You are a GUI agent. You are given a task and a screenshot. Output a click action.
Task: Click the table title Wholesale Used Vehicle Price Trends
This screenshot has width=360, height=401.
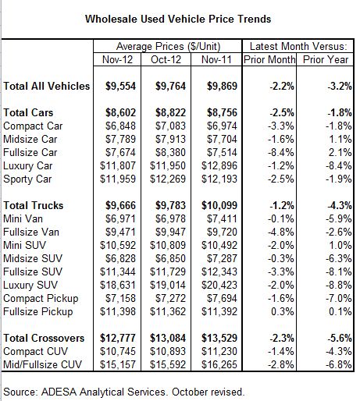click(x=178, y=20)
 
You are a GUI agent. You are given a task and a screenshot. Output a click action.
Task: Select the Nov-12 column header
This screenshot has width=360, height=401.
click(x=117, y=59)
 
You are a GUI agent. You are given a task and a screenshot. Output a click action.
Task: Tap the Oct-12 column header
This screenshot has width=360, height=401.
click(x=166, y=59)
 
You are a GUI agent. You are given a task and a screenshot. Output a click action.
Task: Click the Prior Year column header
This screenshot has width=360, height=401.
click(x=326, y=59)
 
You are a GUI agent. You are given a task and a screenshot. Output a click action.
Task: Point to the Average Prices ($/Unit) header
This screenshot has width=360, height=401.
click(x=168, y=47)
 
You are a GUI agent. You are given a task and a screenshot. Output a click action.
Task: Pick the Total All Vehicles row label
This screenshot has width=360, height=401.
click(x=47, y=86)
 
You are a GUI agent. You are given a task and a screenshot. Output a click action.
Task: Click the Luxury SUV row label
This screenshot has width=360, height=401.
click(x=30, y=286)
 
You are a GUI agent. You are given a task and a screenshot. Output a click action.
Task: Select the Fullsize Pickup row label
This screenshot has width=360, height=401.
click(x=38, y=312)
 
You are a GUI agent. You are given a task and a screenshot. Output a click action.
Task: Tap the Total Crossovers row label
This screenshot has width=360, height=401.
click(x=44, y=338)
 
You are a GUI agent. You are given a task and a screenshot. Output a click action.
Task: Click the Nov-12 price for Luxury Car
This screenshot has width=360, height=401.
click(x=118, y=166)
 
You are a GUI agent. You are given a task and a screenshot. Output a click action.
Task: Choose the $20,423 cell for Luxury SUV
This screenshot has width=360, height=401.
click(x=219, y=286)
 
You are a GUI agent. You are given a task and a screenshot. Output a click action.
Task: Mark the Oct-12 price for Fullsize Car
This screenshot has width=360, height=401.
click(x=170, y=153)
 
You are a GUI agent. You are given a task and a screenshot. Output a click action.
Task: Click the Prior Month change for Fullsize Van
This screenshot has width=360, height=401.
click(x=281, y=232)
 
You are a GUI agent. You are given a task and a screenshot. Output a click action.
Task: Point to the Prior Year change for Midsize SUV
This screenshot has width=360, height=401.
click(x=338, y=258)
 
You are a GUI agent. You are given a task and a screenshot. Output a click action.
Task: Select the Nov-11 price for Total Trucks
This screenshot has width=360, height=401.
click(x=219, y=205)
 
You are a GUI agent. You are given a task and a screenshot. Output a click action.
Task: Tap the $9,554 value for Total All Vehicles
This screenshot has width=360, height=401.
click(x=120, y=86)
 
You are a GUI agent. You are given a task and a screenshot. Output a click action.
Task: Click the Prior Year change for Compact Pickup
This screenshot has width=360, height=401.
click(x=338, y=298)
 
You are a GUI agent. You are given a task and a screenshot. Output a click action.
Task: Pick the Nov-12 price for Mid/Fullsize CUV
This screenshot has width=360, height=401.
click(x=118, y=364)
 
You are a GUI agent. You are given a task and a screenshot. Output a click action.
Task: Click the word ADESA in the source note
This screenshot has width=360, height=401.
click(x=59, y=392)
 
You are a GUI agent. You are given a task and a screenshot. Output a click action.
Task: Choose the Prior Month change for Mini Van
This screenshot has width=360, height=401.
click(x=281, y=218)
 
